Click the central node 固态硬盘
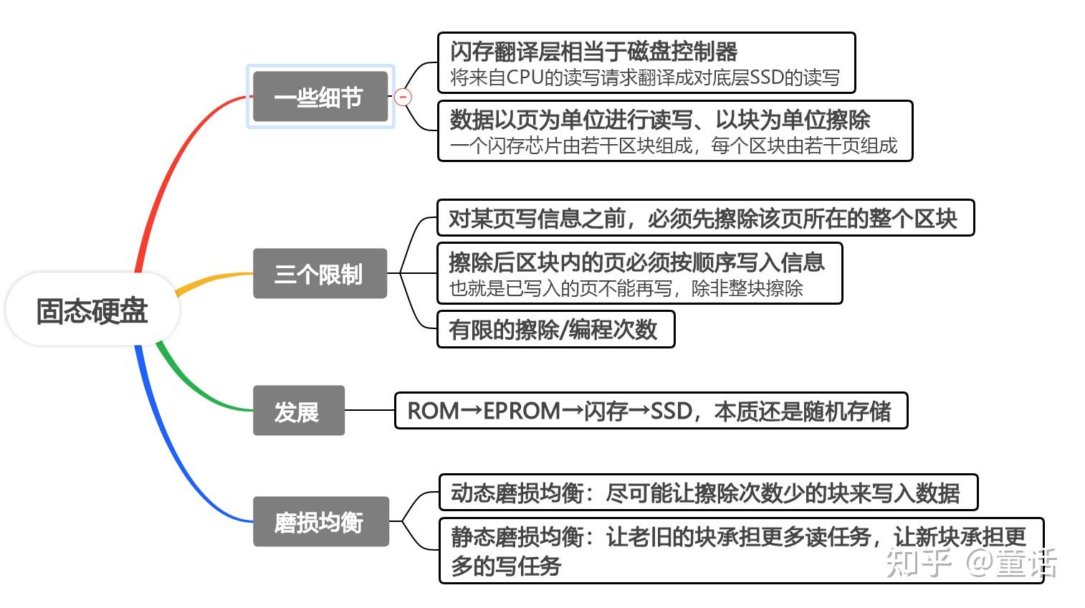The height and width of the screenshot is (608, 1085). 92,310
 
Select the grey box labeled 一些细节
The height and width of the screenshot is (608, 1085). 320,97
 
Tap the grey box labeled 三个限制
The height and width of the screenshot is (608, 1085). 320,273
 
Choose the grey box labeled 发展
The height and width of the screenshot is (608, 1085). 298,411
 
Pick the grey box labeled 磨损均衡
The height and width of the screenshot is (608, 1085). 320,521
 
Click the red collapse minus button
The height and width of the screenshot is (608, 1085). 403,97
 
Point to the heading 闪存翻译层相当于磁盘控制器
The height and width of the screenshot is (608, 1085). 593,52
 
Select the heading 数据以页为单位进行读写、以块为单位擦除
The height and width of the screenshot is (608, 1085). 660,119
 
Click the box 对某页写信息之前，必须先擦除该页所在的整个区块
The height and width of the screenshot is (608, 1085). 704,218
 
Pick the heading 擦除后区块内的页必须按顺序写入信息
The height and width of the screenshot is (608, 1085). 636,262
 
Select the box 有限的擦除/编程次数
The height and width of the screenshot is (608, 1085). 554,329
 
